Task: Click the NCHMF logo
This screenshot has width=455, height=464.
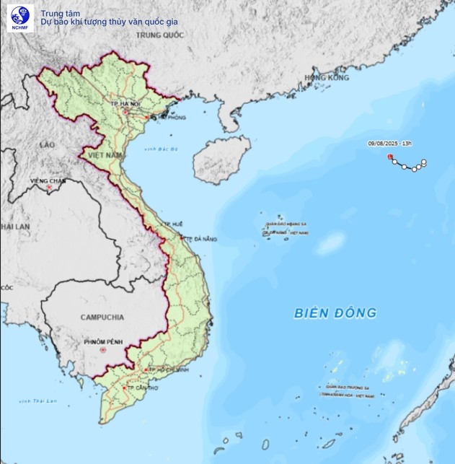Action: (x=17, y=17)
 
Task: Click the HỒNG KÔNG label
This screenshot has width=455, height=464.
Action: (x=326, y=77)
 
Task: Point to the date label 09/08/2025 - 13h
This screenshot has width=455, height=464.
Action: (x=389, y=144)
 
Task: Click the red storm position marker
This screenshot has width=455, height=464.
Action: (x=390, y=156)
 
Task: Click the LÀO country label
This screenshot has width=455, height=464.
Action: (x=48, y=145)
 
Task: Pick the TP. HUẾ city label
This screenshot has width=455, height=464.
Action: (x=173, y=224)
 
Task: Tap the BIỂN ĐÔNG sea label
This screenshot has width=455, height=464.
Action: (x=335, y=313)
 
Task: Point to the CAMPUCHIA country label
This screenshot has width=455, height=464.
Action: (x=102, y=317)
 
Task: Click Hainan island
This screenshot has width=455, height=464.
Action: (x=221, y=158)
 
